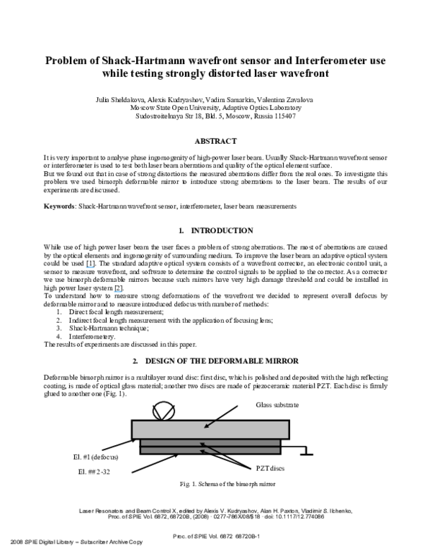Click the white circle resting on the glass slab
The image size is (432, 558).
[x=163, y=411]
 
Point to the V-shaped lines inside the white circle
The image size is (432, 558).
[x=163, y=413]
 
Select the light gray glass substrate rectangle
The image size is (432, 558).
[x=210, y=429]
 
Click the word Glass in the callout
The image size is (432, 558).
[x=264, y=406]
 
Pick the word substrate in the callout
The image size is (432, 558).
[x=287, y=406]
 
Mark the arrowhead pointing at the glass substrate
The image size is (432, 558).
[x=206, y=426]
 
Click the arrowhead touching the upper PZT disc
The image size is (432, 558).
[x=202, y=444]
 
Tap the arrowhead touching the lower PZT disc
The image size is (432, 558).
[x=202, y=451]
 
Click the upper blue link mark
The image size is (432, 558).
[x=90, y=267]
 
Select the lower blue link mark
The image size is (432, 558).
[x=117, y=292]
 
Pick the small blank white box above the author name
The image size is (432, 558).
[x=330, y=499]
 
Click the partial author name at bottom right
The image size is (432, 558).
[x=330, y=511]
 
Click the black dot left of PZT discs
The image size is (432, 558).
[x=248, y=469]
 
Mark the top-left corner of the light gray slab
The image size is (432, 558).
[x=133, y=421]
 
